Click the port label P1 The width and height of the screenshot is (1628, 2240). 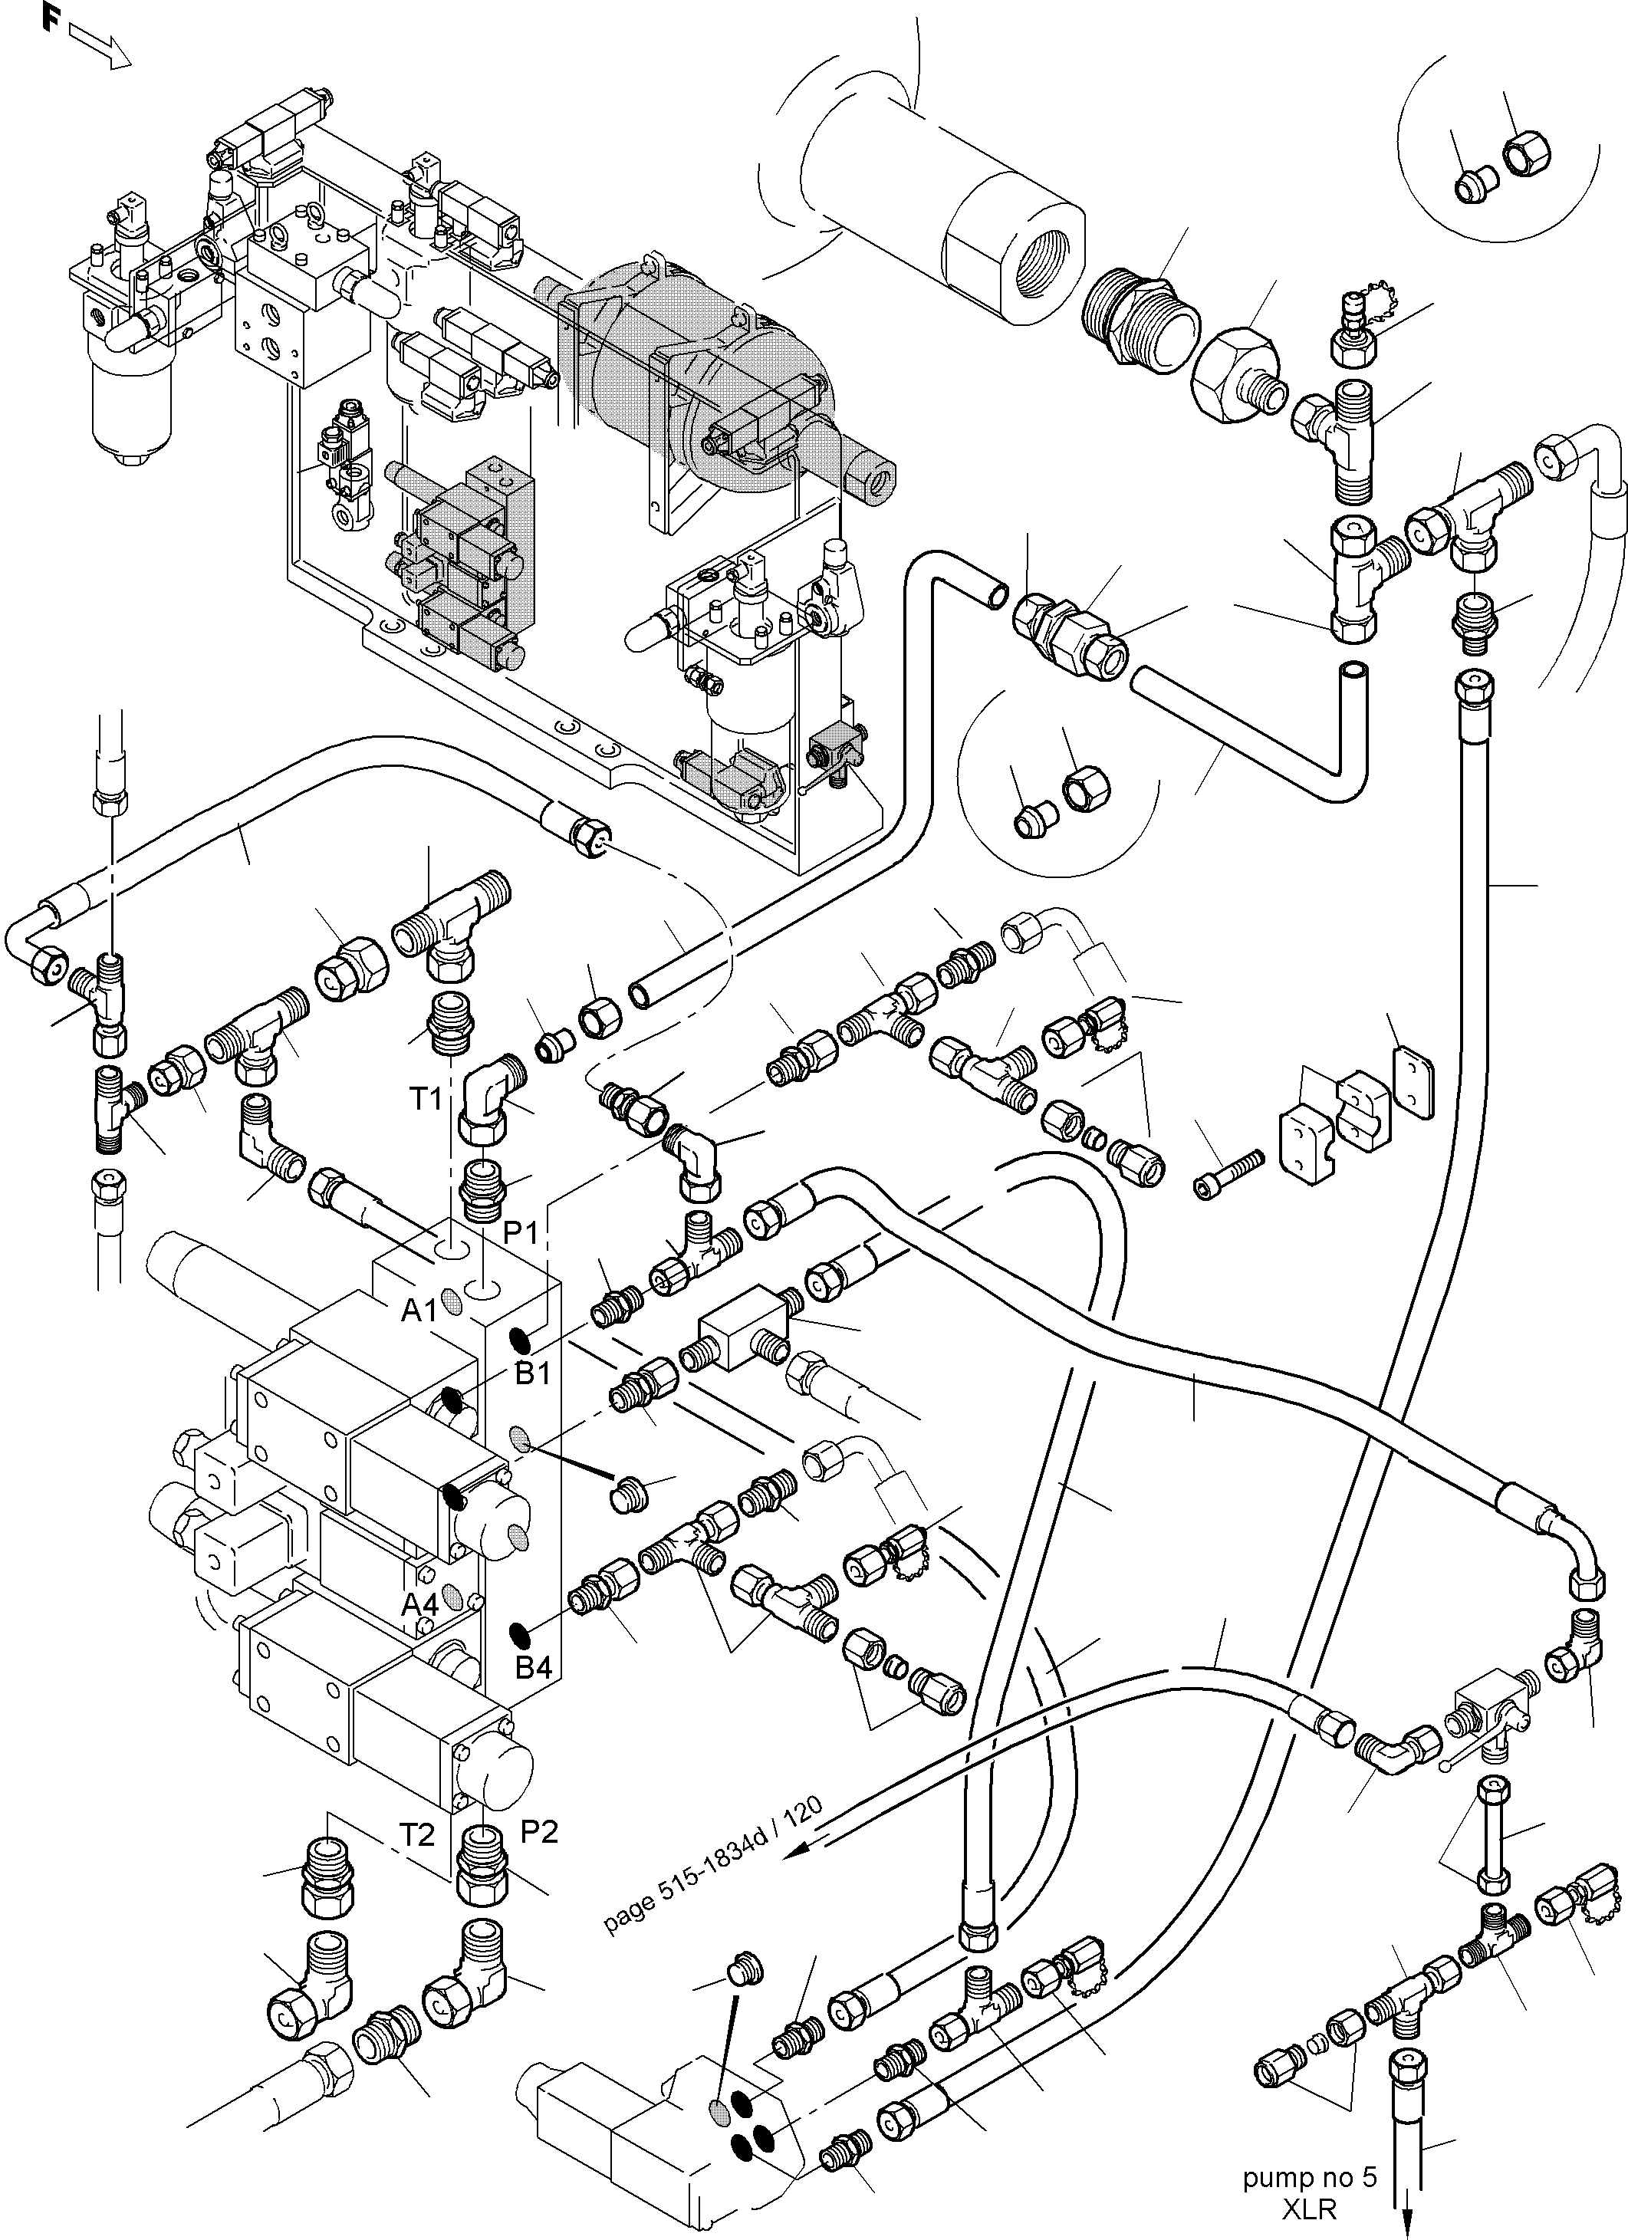521,1234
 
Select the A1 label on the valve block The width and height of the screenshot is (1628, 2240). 419,1311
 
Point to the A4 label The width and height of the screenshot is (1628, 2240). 419,1605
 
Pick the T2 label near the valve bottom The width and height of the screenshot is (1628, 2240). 417,1835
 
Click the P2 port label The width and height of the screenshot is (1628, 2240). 539,1832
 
